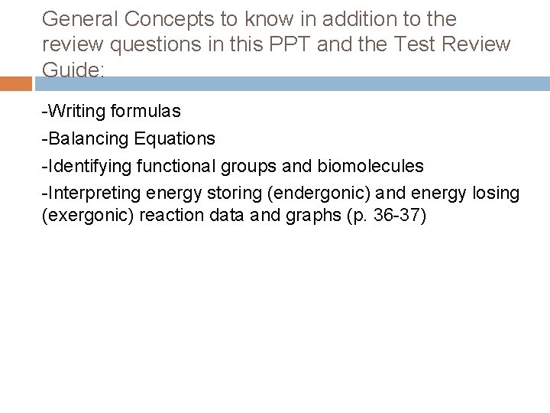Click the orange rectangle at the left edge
(16, 83)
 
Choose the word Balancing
(86, 138)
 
